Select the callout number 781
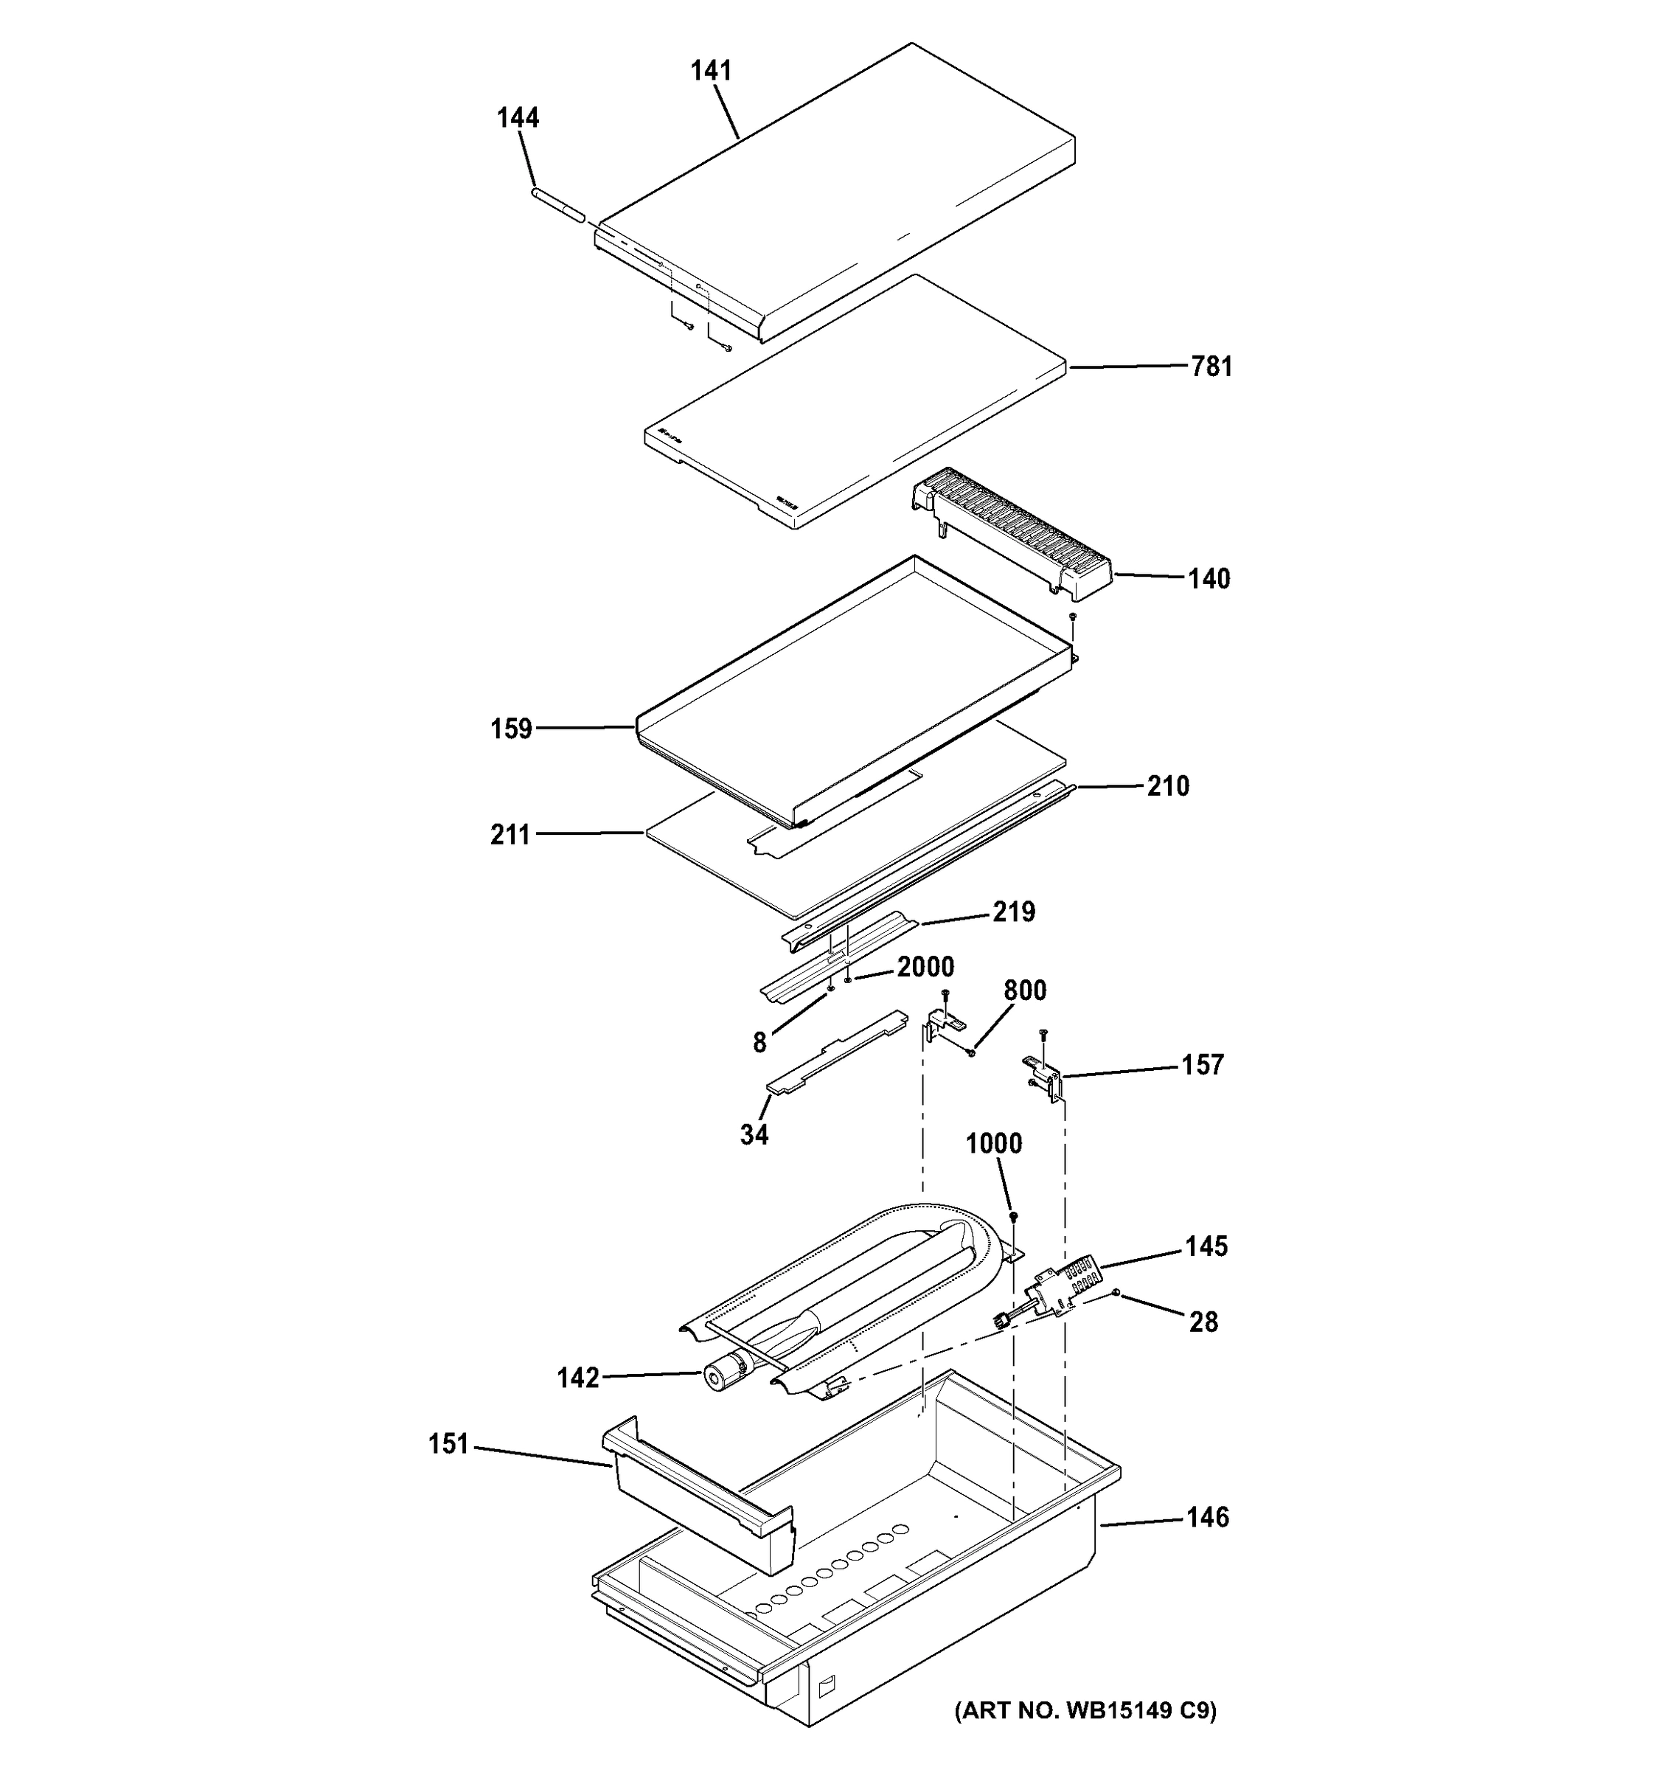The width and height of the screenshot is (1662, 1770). (x=1211, y=367)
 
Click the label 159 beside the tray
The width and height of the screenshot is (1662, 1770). (x=511, y=729)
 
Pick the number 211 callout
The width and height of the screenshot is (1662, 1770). (x=510, y=835)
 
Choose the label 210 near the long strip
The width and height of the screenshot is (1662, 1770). (x=1167, y=786)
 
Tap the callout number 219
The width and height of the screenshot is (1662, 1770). (x=1014, y=912)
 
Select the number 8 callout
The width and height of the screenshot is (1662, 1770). (x=759, y=1044)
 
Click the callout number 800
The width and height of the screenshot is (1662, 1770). (x=1025, y=991)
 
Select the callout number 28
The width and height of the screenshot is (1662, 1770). (x=1203, y=1322)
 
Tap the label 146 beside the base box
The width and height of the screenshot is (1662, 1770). (x=1207, y=1517)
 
